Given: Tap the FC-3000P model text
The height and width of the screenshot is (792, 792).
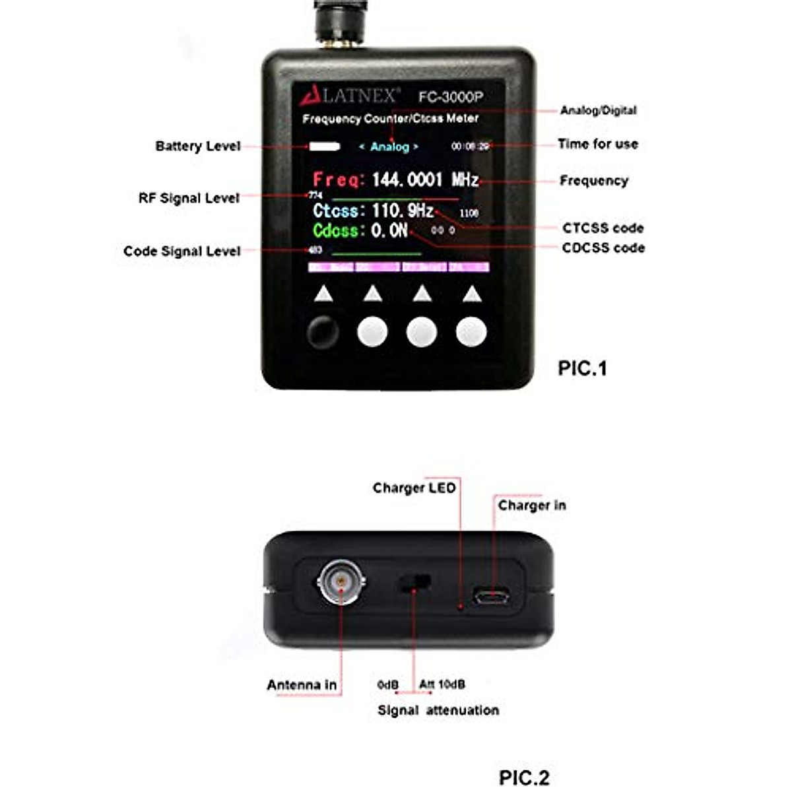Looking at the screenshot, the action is click(x=451, y=97).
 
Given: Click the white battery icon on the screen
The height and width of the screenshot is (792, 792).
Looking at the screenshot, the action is click(x=324, y=147).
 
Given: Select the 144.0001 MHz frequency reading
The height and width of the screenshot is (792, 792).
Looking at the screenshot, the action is click(x=425, y=180).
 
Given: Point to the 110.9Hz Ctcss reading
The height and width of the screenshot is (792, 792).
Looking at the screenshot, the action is click(x=403, y=211).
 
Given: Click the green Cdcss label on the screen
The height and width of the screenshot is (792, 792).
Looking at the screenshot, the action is click(x=339, y=231).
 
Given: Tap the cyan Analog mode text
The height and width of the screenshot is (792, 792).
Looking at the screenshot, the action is click(x=389, y=147).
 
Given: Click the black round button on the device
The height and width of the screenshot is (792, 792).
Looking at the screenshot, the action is click(x=323, y=332).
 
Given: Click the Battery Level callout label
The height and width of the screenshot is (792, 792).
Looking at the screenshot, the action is click(x=198, y=146).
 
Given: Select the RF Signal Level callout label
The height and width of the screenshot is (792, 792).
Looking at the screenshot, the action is click(x=189, y=198).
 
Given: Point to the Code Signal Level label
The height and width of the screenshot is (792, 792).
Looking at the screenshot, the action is click(x=181, y=251).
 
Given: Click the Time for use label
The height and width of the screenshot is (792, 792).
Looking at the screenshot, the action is click(x=597, y=144).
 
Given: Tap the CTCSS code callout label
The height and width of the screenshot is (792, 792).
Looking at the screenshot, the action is click(x=603, y=228).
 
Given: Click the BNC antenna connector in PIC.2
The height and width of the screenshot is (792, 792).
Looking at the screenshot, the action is click(x=341, y=581).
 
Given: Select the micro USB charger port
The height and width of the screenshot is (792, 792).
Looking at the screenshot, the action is click(x=490, y=597).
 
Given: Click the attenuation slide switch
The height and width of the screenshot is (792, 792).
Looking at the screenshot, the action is click(x=414, y=583).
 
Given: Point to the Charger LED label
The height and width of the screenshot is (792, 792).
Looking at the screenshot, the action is click(x=414, y=488).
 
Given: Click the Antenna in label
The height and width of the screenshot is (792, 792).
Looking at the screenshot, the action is click(x=302, y=685).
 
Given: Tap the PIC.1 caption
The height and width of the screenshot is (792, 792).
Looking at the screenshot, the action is click(x=582, y=368).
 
